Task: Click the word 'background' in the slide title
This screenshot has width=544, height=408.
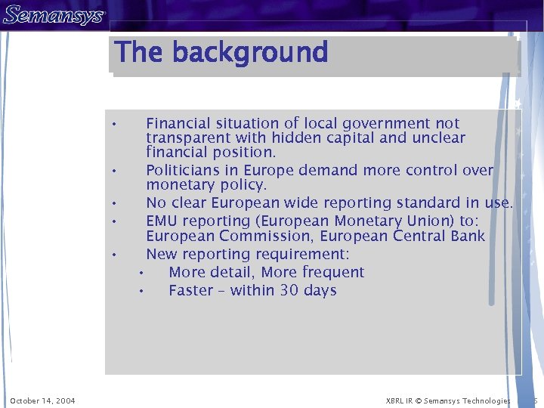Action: point(250,52)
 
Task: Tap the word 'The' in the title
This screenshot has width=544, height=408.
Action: point(138,52)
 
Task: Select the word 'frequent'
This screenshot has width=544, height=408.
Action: point(333,272)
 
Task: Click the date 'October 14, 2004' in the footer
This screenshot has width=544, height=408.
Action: point(42,400)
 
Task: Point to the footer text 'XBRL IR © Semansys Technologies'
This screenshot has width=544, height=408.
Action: point(448,400)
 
